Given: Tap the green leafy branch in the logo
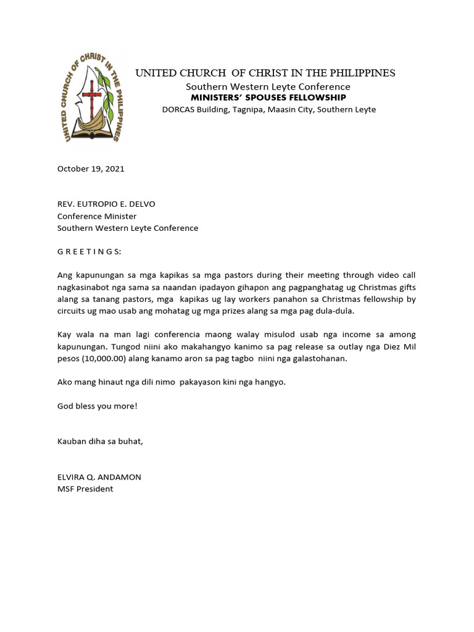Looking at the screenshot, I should (106, 93).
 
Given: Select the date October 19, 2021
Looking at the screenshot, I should (91, 168).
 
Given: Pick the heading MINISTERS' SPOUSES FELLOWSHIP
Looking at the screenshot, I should (268, 98).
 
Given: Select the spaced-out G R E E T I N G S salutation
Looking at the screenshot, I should (89, 251).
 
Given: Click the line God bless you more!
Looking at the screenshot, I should (98, 405).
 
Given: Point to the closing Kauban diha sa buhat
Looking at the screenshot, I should (100, 441).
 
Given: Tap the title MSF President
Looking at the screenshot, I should (85, 489).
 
